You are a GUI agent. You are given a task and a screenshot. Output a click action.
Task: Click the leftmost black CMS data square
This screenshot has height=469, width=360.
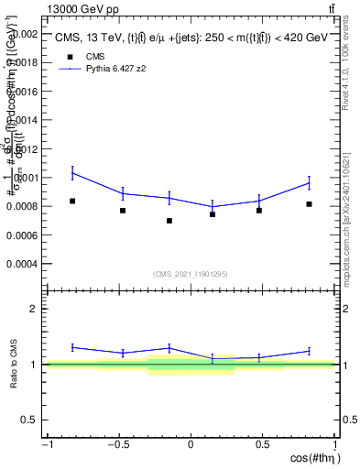pyautogui.click(x=72, y=201)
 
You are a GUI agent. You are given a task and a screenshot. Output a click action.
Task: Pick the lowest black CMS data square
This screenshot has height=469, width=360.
pyautogui.click(x=169, y=221)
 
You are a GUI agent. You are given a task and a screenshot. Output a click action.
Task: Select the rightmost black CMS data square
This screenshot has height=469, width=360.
pyautogui.click(x=310, y=204)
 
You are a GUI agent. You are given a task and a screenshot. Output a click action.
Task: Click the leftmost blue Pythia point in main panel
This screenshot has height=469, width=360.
pyautogui.click(x=72, y=172)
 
